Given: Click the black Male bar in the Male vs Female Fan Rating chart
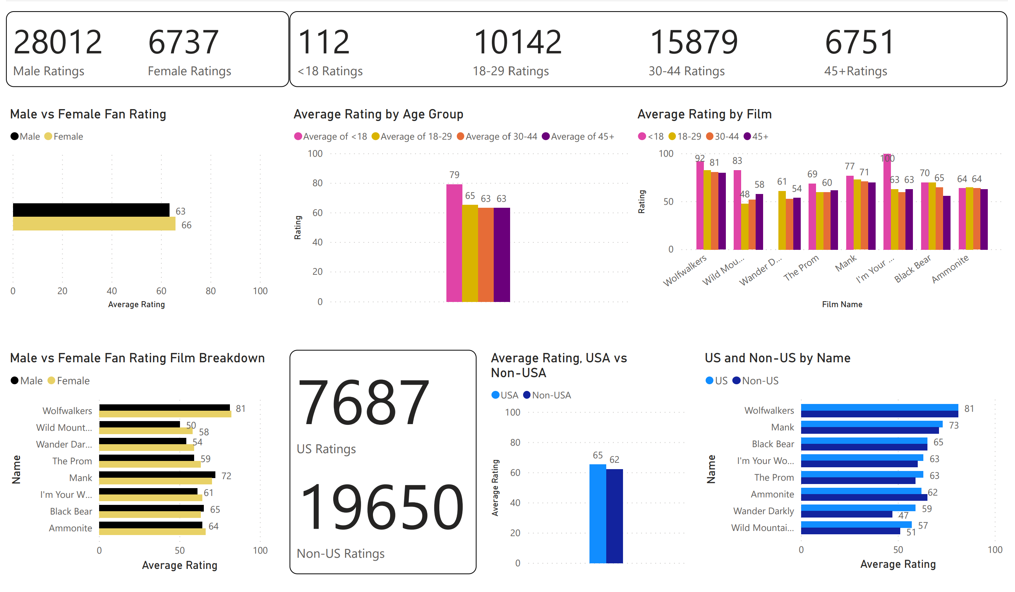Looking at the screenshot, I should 91,210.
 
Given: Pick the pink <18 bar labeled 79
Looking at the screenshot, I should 454,243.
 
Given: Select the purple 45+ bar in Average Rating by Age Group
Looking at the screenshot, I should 502,255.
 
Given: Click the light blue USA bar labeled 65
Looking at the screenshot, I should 597,513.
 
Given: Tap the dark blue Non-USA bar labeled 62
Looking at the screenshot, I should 614,516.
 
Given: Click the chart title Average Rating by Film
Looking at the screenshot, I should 705,114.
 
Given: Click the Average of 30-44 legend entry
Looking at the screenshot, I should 497,136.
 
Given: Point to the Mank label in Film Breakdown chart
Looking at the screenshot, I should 80,478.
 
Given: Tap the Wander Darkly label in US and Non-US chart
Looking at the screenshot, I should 763,511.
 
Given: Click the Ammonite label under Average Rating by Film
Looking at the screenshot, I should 950,269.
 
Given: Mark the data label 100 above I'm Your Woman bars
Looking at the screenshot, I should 887,159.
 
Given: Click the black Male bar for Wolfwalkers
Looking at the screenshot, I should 164,408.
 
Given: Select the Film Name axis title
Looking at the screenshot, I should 842,304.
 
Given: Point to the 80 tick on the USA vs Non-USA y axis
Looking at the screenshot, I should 515,442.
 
